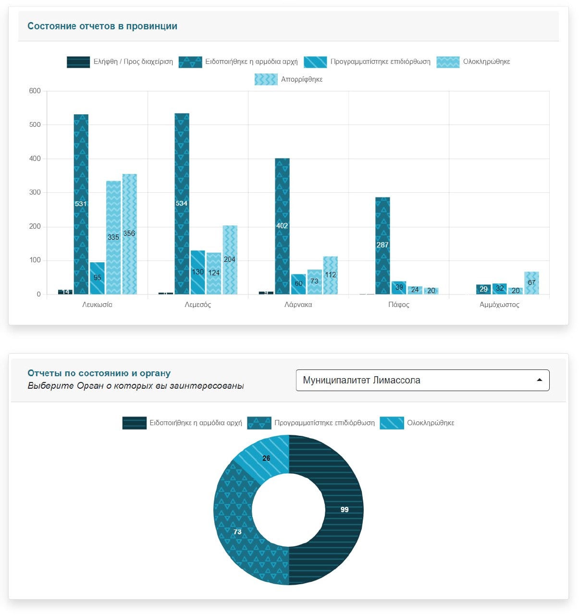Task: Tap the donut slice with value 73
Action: [235, 529]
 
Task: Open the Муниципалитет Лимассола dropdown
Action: [422, 380]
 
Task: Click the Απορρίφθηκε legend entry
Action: [289, 79]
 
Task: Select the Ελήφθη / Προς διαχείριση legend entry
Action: [120, 61]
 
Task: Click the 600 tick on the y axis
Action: [35, 91]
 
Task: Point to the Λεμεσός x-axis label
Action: [197, 305]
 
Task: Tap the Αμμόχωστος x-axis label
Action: [499, 305]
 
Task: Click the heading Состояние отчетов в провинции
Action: [102, 26]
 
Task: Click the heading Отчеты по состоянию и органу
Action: [99, 373]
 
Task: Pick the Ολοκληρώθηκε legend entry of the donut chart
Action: [417, 423]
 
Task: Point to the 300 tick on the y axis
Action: [35, 192]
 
